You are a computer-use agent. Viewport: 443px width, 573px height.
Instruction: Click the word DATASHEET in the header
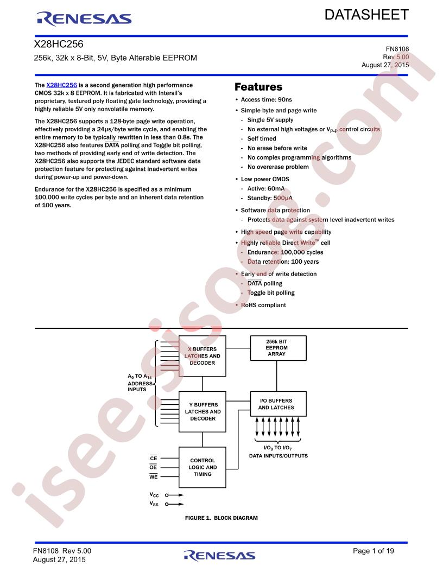pyautogui.click(x=366, y=15)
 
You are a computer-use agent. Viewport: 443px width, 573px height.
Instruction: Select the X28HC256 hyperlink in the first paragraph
pyautogui.click(x=61, y=85)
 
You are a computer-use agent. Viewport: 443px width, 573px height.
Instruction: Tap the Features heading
pyautogui.click(x=258, y=87)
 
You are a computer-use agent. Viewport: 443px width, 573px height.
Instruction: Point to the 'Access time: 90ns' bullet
pyautogui.click(x=266, y=100)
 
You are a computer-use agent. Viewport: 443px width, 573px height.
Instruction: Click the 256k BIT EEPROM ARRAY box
pyautogui.click(x=276, y=347)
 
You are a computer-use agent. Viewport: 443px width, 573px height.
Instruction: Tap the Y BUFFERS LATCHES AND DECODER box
pyautogui.click(x=202, y=412)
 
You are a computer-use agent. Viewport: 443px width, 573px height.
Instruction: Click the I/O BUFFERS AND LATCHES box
pyautogui.click(x=276, y=404)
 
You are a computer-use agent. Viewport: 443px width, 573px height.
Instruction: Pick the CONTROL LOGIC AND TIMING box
pyautogui.click(x=202, y=467)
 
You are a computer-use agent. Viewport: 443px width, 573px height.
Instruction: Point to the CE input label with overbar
pyautogui.click(x=153, y=458)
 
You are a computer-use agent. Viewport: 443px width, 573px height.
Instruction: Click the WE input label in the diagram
pyautogui.click(x=153, y=477)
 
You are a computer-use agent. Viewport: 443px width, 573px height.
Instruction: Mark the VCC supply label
pyautogui.click(x=155, y=495)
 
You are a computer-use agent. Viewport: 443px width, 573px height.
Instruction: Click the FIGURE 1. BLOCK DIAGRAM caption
pyautogui.click(x=221, y=518)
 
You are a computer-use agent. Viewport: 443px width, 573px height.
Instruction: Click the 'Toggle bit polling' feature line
pyautogui.click(x=271, y=292)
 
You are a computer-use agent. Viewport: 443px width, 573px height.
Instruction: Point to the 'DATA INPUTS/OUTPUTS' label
pyautogui.click(x=278, y=456)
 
